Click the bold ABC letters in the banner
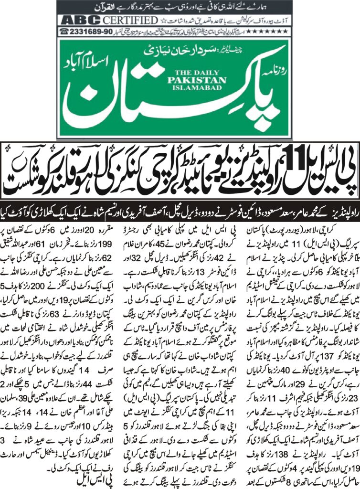[x=79, y=21]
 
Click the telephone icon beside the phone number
[x=64, y=31]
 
